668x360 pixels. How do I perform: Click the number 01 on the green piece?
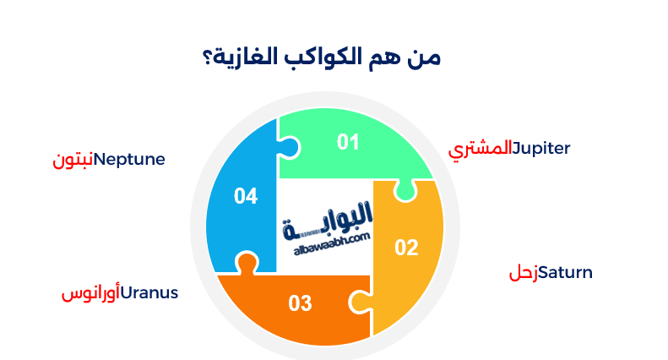click(x=348, y=142)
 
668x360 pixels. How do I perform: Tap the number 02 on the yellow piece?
click(x=406, y=248)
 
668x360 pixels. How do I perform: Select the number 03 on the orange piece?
click(x=301, y=303)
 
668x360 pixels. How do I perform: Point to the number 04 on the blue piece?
click(x=246, y=197)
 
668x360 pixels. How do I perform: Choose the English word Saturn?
click(x=565, y=273)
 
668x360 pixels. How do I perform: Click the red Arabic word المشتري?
click(x=481, y=150)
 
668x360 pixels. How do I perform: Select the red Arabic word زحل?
click(x=523, y=273)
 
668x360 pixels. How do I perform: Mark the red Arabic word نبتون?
click(x=73, y=160)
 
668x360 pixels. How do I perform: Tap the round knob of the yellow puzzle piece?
click(x=405, y=193)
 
